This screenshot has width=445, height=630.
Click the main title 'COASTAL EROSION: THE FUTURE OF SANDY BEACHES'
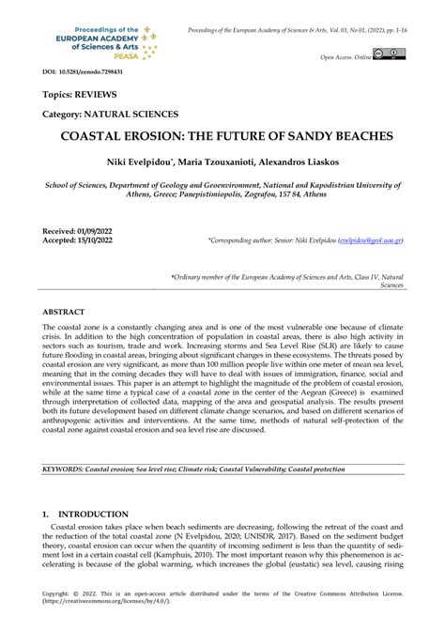[222, 135]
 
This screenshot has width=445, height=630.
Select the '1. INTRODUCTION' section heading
[85, 515]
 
